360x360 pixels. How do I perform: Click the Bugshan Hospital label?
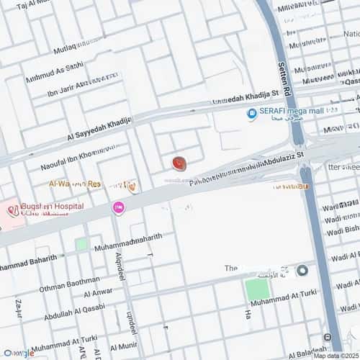pos(52,206)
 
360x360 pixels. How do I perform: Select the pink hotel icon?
pos(118,207)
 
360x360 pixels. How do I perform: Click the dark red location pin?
pos(179,164)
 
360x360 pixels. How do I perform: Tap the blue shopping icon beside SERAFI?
pos(252,114)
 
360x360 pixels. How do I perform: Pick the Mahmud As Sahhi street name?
pos(54,71)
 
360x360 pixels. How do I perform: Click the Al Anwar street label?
pos(98,293)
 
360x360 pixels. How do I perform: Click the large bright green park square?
pos(257,289)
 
